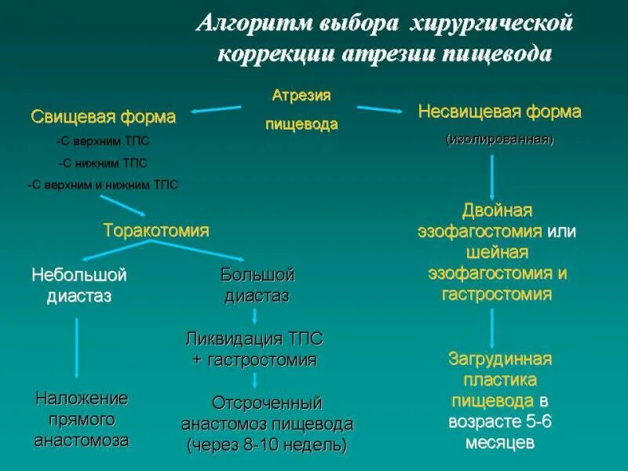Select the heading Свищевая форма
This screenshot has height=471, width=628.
(x=103, y=117)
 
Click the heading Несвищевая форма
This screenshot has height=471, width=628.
(x=499, y=111)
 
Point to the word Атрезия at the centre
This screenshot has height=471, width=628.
(x=301, y=95)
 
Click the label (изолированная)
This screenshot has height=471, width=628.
(x=500, y=140)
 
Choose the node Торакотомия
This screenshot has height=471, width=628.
(x=156, y=230)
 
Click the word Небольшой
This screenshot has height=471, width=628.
(x=78, y=276)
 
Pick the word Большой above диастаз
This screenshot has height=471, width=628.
(x=257, y=276)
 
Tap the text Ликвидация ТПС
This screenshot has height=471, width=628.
(x=254, y=339)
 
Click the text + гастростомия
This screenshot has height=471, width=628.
(x=254, y=360)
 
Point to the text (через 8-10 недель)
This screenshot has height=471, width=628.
(x=267, y=444)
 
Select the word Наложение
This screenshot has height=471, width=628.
(x=81, y=398)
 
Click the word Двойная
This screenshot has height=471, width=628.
(x=497, y=210)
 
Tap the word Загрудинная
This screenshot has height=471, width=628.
(x=500, y=359)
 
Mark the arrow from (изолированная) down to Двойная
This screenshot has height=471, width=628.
(x=492, y=176)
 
